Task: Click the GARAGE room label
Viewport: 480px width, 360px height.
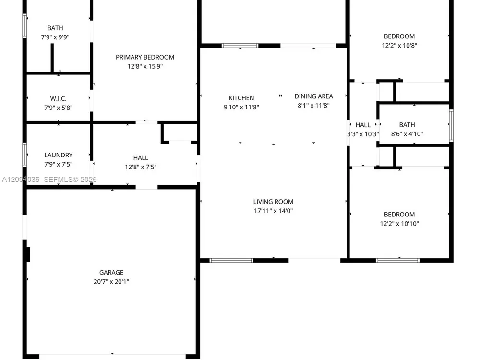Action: pos(111,273)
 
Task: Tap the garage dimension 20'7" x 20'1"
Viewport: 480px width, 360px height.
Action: pos(111,282)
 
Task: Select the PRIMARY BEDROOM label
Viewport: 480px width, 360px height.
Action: pos(145,57)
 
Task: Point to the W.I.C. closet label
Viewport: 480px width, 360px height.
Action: pos(58,98)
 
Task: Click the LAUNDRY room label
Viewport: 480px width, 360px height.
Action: pos(58,155)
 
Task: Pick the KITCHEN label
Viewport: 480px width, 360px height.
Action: pos(241,98)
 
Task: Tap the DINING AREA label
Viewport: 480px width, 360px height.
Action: pos(313,96)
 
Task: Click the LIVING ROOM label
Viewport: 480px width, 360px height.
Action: pos(273,202)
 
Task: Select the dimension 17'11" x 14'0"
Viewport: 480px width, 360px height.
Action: pos(273,211)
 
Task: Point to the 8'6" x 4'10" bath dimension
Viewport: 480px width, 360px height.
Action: pos(407,134)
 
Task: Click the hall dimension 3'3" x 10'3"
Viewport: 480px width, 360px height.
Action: pos(363,134)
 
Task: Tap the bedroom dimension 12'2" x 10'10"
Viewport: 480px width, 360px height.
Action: pos(399,224)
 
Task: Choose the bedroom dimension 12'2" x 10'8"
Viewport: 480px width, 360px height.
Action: pos(399,46)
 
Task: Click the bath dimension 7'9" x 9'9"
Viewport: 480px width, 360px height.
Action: pos(55,37)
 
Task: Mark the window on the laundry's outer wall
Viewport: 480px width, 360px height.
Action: pos(24,155)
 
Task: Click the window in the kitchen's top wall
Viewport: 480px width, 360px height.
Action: pos(240,46)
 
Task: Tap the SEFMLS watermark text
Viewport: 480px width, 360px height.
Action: pos(71,180)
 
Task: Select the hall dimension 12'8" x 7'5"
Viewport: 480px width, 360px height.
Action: pos(141,167)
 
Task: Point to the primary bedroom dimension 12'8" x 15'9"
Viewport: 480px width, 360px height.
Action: pos(145,66)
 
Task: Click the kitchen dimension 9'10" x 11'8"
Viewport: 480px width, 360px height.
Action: pos(241,107)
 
